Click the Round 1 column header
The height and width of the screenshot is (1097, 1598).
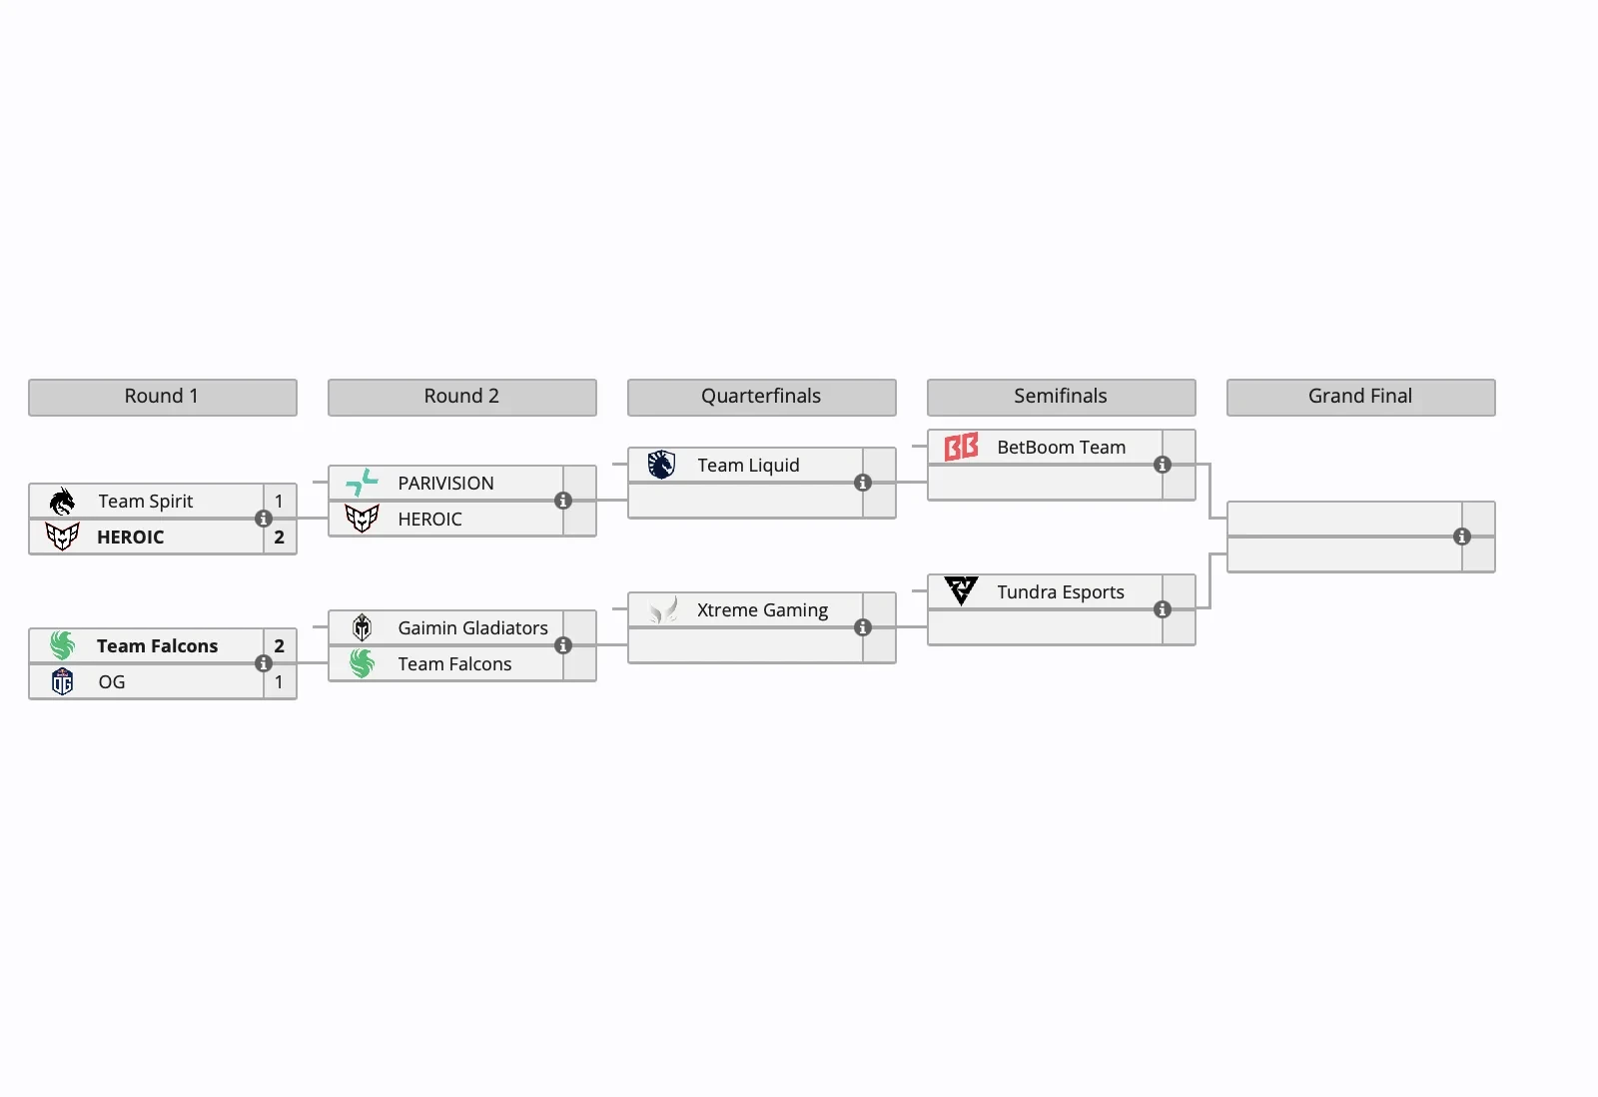pos(162,397)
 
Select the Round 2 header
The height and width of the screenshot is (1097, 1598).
pos(461,397)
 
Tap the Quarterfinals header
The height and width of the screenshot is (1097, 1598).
pos(761,397)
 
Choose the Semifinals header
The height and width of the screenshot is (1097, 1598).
pos(1061,397)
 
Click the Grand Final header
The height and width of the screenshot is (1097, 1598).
pos(1360,397)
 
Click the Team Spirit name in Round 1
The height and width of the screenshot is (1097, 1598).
pos(146,502)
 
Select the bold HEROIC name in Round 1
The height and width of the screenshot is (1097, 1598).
pos(131,538)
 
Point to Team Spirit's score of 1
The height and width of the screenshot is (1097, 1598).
pos(279,502)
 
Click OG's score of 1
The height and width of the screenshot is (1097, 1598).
pos(279,682)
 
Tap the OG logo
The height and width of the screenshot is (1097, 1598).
pos(63,682)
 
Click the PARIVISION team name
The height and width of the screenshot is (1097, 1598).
pos(445,484)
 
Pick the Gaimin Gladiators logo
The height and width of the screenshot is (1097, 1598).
pos(363,628)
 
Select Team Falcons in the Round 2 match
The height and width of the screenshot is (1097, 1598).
pos(454,664)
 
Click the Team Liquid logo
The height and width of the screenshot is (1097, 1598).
pos(662,466)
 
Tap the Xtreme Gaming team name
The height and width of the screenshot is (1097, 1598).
pos(762,610)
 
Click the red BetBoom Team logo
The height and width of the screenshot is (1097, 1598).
pos(962,448)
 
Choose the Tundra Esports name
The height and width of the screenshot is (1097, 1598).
pos(1061,592)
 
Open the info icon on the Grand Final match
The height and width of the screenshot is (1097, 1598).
pos(1462,537)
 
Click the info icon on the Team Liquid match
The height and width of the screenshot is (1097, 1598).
pos(863,483)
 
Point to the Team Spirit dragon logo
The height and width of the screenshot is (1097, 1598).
pos(63,502)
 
